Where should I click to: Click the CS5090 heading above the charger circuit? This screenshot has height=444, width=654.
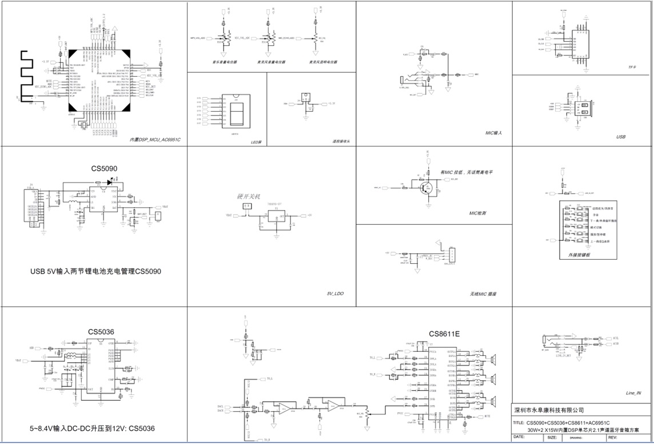104,169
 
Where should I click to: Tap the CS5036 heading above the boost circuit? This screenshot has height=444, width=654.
101,331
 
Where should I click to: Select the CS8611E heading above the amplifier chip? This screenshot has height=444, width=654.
444,334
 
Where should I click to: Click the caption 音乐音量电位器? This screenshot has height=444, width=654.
224,62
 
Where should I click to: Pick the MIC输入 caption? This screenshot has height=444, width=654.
493,133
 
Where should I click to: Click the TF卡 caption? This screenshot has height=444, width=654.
632,67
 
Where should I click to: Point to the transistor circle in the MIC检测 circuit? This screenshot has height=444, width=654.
425,188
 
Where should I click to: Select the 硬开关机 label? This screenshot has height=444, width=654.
248,196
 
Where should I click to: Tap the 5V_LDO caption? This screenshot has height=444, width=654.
334,294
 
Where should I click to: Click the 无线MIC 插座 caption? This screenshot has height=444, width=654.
482,294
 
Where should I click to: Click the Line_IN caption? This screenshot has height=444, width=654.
633,393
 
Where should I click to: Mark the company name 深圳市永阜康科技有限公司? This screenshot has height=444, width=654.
549,410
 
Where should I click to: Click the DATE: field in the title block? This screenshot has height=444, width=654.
520,437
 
